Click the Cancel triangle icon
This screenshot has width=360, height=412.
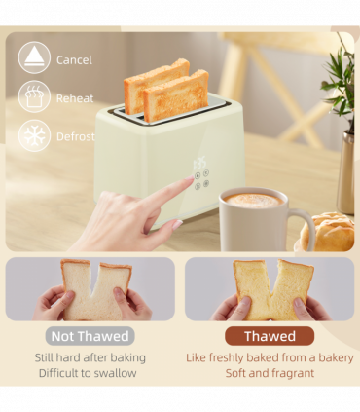tap(34, 57)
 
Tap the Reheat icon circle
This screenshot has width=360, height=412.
tap(34, 97)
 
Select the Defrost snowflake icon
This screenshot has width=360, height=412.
tap(34, 135)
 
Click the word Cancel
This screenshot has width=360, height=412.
tap(74, 59)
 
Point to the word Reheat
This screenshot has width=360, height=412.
tap(75, 98)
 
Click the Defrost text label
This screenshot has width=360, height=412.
tap(75, 136)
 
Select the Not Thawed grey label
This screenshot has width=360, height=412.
tap(90, 336)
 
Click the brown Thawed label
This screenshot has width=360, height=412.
tap(270, 336)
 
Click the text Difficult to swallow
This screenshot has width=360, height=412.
tap(89, 373)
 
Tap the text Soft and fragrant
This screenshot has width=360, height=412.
tap(270, 373)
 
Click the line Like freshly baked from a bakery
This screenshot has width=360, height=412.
tap(270, 357)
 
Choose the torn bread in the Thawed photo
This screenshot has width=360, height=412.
tap(270, 287)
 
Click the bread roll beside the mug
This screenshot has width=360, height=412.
tap(329, 234)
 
